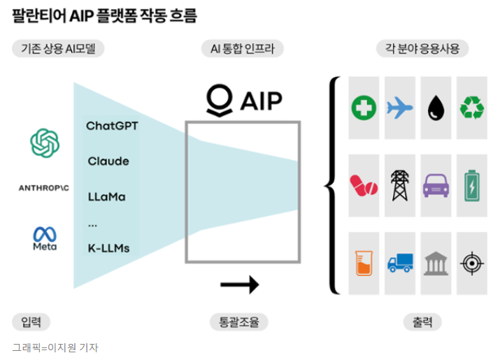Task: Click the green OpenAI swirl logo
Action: (45, 143)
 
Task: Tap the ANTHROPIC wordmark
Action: (45, 187)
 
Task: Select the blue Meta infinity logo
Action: (45, 233)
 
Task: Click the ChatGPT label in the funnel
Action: (112, 127)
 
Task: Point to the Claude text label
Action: (108, 161)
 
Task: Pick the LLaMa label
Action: (106, 197)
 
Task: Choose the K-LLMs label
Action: (108, 248)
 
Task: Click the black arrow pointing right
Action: (239, 284)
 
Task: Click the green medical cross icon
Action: (364, 108)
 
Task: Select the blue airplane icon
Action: (399, 108)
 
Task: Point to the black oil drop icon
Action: (436, 108)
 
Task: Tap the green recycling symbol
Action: (472, 108)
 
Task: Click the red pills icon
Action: (364, 186)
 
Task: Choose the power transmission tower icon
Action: (399, 185)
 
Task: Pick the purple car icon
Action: (436, 186)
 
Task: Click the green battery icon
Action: (472, 186)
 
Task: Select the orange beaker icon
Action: (364, 264)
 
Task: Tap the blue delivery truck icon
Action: (399, 264)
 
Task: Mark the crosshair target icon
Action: (472, 264)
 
